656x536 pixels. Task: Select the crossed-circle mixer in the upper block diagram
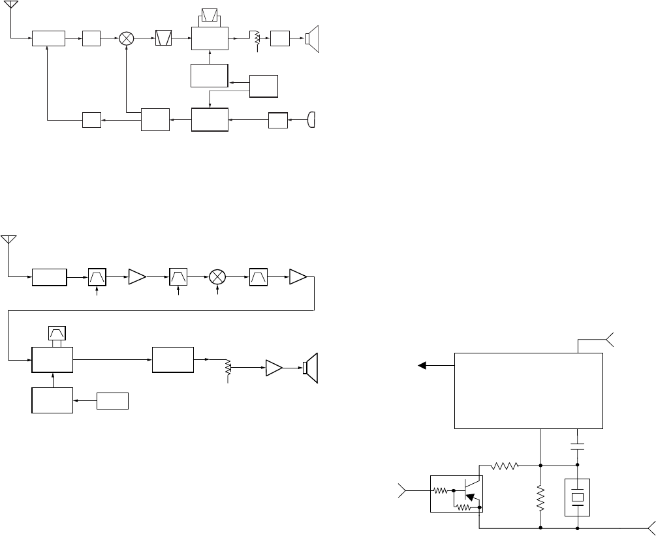tap(127, 38)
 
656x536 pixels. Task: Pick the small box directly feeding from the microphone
tap(278, 120)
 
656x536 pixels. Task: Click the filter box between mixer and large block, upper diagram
tap(163, 38)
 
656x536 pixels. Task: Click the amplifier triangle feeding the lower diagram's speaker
tap(273, 369)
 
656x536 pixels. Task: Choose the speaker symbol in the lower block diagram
tap(310, 368)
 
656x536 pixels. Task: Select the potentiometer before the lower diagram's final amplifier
tap(228, 368)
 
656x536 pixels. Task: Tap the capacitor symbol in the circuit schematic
tap(578, 447)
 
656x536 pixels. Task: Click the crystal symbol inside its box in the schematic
tap(578, 498)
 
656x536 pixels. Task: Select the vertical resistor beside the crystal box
tap(541, 497)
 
